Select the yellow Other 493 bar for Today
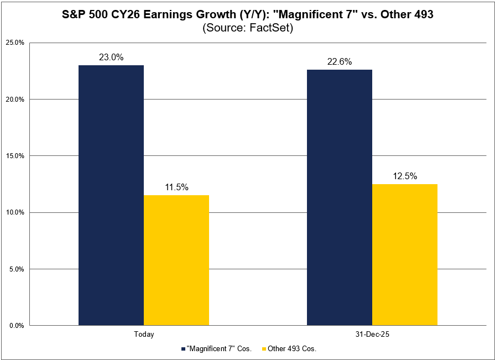176,260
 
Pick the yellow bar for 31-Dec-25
404,254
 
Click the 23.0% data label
111,57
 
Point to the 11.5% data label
176,187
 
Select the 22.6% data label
340,61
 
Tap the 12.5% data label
405,176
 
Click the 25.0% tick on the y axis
15,43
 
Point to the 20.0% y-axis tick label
15,100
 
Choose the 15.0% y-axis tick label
15,156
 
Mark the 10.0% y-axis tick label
15,212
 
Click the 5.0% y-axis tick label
17,269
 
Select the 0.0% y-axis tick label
17,326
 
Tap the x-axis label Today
144,335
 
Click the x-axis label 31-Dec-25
372,335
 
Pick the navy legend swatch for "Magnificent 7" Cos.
184,349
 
